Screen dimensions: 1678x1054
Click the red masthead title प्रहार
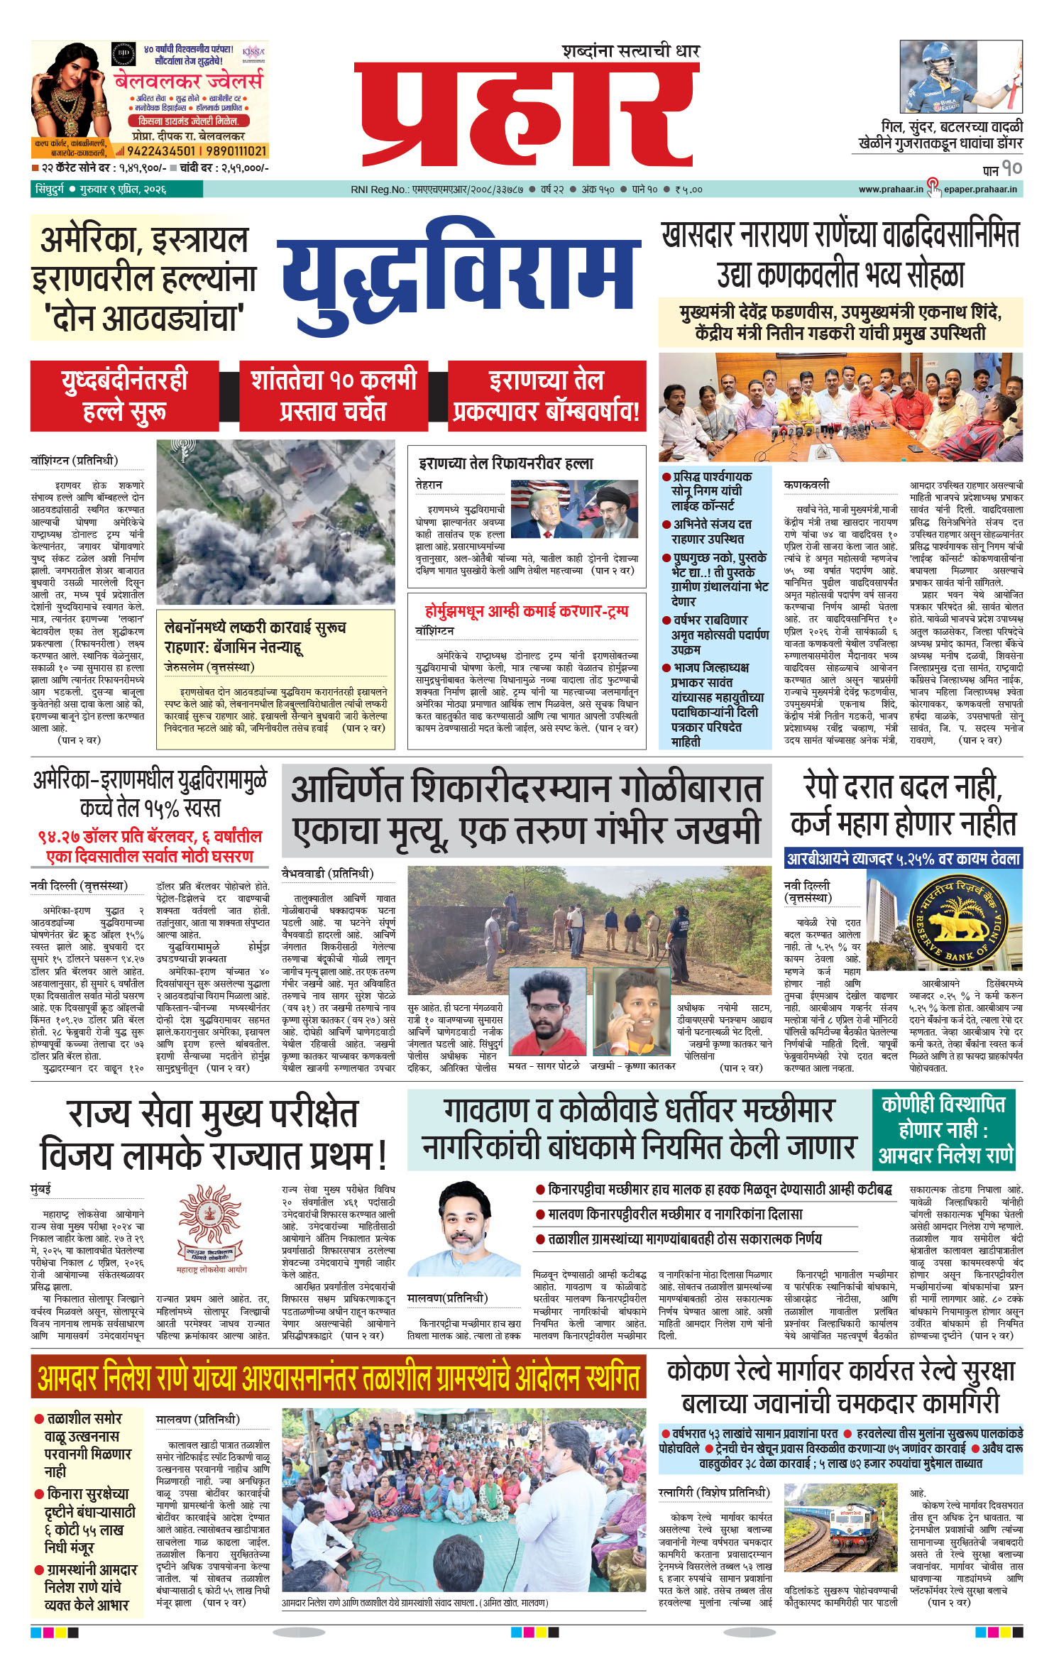coord(527,115)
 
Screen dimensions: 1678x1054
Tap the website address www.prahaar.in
coord(891,190)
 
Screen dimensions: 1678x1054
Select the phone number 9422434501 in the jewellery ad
coord(163,151)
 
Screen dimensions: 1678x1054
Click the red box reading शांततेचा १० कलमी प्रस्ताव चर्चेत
coord(334,396)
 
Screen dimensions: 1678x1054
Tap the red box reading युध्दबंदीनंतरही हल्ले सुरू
coord(124,396)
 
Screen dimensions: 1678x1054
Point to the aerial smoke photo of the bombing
coord(275,522)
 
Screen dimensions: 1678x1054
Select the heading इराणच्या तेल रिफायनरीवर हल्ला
coord(505,464)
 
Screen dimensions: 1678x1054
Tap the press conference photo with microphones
coord(840,407)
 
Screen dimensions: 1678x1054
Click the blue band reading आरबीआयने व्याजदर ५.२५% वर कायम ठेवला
coord(903,858)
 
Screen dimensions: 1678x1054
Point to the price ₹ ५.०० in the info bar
coord(688,190)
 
